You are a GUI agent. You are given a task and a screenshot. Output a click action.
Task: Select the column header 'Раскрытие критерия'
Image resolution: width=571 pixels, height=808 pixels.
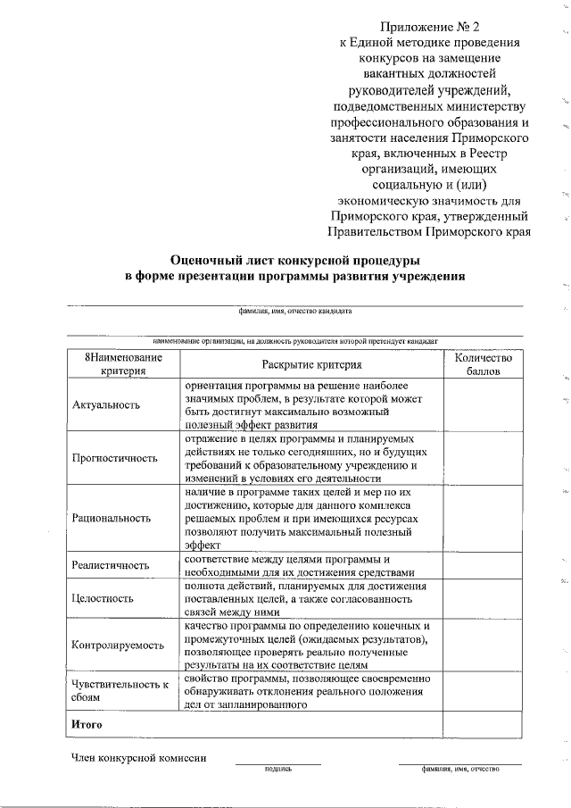pyautogui.click(x=311, y=364)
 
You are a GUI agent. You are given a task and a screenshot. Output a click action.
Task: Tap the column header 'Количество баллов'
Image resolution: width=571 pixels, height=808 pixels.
pyautogui.click(x=483, y=363)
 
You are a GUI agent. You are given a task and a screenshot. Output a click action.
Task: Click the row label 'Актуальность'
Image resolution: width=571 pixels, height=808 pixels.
pyautogui.click(x=106, y=404)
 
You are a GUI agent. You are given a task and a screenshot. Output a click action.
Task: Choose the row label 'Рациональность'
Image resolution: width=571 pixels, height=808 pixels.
pyautogui.click(x=112, y=517)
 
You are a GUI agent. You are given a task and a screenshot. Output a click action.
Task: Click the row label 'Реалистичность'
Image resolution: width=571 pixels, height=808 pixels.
pyautogui.click(x=110, y=565)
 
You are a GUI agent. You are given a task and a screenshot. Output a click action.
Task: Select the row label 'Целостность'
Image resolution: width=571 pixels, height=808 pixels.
pyautogui.click(x=103, y=599)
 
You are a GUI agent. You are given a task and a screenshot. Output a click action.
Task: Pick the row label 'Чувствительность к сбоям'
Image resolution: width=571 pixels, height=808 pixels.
pyautogui.click(x=120, y=691)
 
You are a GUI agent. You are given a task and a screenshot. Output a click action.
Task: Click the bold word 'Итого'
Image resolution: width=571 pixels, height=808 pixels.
pyautogui.click(x=87, y=724)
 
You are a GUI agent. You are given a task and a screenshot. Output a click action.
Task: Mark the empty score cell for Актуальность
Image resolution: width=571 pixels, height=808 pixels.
pyautogui.click(x=483, y=404)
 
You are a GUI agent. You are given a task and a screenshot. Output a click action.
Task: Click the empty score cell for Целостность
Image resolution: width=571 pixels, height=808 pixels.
pyautogui.click(x=483, y=599)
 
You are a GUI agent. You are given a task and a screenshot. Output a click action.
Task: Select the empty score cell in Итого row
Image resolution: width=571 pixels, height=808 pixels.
pyautogui.click(x=483, y=724)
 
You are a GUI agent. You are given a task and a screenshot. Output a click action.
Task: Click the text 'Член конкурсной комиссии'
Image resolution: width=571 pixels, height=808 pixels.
pyautogui.click(x=139, y=758)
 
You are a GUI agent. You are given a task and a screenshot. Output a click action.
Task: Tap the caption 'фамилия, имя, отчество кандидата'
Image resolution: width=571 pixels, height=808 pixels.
pyautogui.click(x=295, y=312)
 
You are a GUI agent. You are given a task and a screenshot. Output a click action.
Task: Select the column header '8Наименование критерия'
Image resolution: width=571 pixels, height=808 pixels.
pyautogui.click(x=123, y=363)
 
